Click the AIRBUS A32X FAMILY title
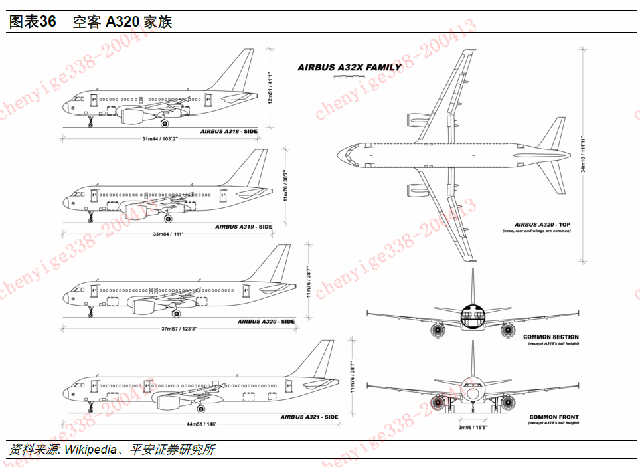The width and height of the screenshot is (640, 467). [349, 67]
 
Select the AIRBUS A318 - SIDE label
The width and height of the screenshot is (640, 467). [228, 132]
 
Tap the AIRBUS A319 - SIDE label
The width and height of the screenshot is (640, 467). [244, 227]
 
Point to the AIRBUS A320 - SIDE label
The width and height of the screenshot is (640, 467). [266, 322]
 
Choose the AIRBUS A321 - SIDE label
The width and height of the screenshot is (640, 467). [309, 417]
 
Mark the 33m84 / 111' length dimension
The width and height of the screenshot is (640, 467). [167, 234]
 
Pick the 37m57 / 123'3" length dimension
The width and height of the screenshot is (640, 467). [179, 329]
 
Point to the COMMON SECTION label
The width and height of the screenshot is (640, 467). [550, 337]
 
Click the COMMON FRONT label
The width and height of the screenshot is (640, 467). [554, 417]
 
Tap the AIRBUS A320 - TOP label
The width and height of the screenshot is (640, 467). [542, 225]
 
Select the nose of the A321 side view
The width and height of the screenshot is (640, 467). [67, 394]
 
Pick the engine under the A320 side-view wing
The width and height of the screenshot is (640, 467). [148, 307]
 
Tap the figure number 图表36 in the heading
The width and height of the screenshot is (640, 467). [32, 21]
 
